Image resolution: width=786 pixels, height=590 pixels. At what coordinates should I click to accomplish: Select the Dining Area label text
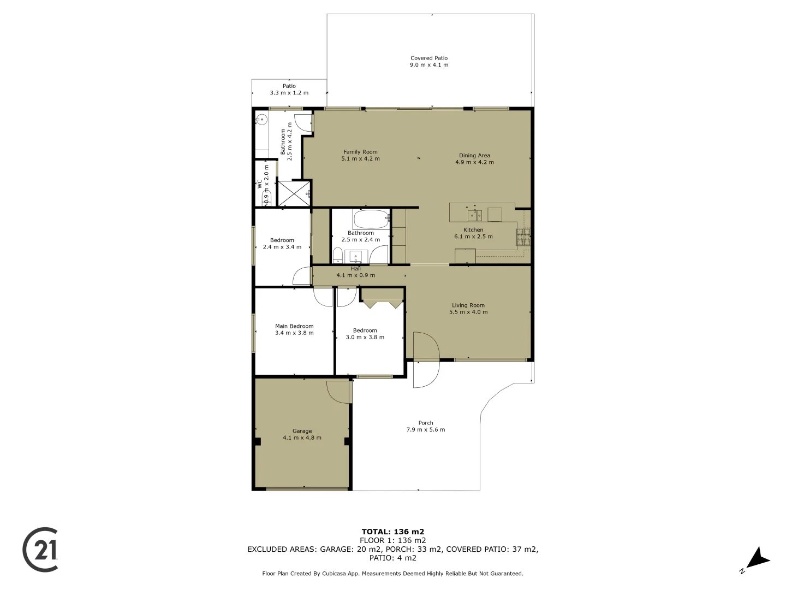[x=474, y=156]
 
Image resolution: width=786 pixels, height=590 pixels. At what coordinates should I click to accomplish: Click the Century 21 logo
[x=40, y=550]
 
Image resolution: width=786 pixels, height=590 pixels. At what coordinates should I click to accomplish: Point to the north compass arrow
[x=757, y=559]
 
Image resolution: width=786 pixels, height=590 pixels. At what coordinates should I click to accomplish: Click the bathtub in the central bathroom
[x=371, y=220]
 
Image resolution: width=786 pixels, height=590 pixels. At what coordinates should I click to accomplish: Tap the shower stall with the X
[x=294, y=193]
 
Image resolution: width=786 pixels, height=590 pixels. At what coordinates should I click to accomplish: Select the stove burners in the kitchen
[x=524, y=237]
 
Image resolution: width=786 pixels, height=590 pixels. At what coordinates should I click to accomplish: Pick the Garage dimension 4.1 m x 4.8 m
[x=302, y=438]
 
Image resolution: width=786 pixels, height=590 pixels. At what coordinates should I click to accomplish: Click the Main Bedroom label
[x=294, y=326]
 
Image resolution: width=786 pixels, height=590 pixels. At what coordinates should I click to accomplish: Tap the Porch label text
[x=426, y=423]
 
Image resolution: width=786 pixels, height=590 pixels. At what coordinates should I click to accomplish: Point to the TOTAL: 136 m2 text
[x=393, y=532]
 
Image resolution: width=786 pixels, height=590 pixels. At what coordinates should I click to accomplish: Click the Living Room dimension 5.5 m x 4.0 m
[x=468, y=312]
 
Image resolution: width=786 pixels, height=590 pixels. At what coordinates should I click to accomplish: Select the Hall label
[x=356, y=269]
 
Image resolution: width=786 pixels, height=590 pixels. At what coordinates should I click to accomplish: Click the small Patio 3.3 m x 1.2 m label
[x=289, y=90]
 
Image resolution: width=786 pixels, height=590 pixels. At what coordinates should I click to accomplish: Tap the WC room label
[x=260, y=184]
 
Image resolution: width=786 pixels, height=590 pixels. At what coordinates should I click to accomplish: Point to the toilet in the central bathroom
[x=338, y=255]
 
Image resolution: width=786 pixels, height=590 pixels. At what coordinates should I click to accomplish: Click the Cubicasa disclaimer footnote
[x=393, y=574]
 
